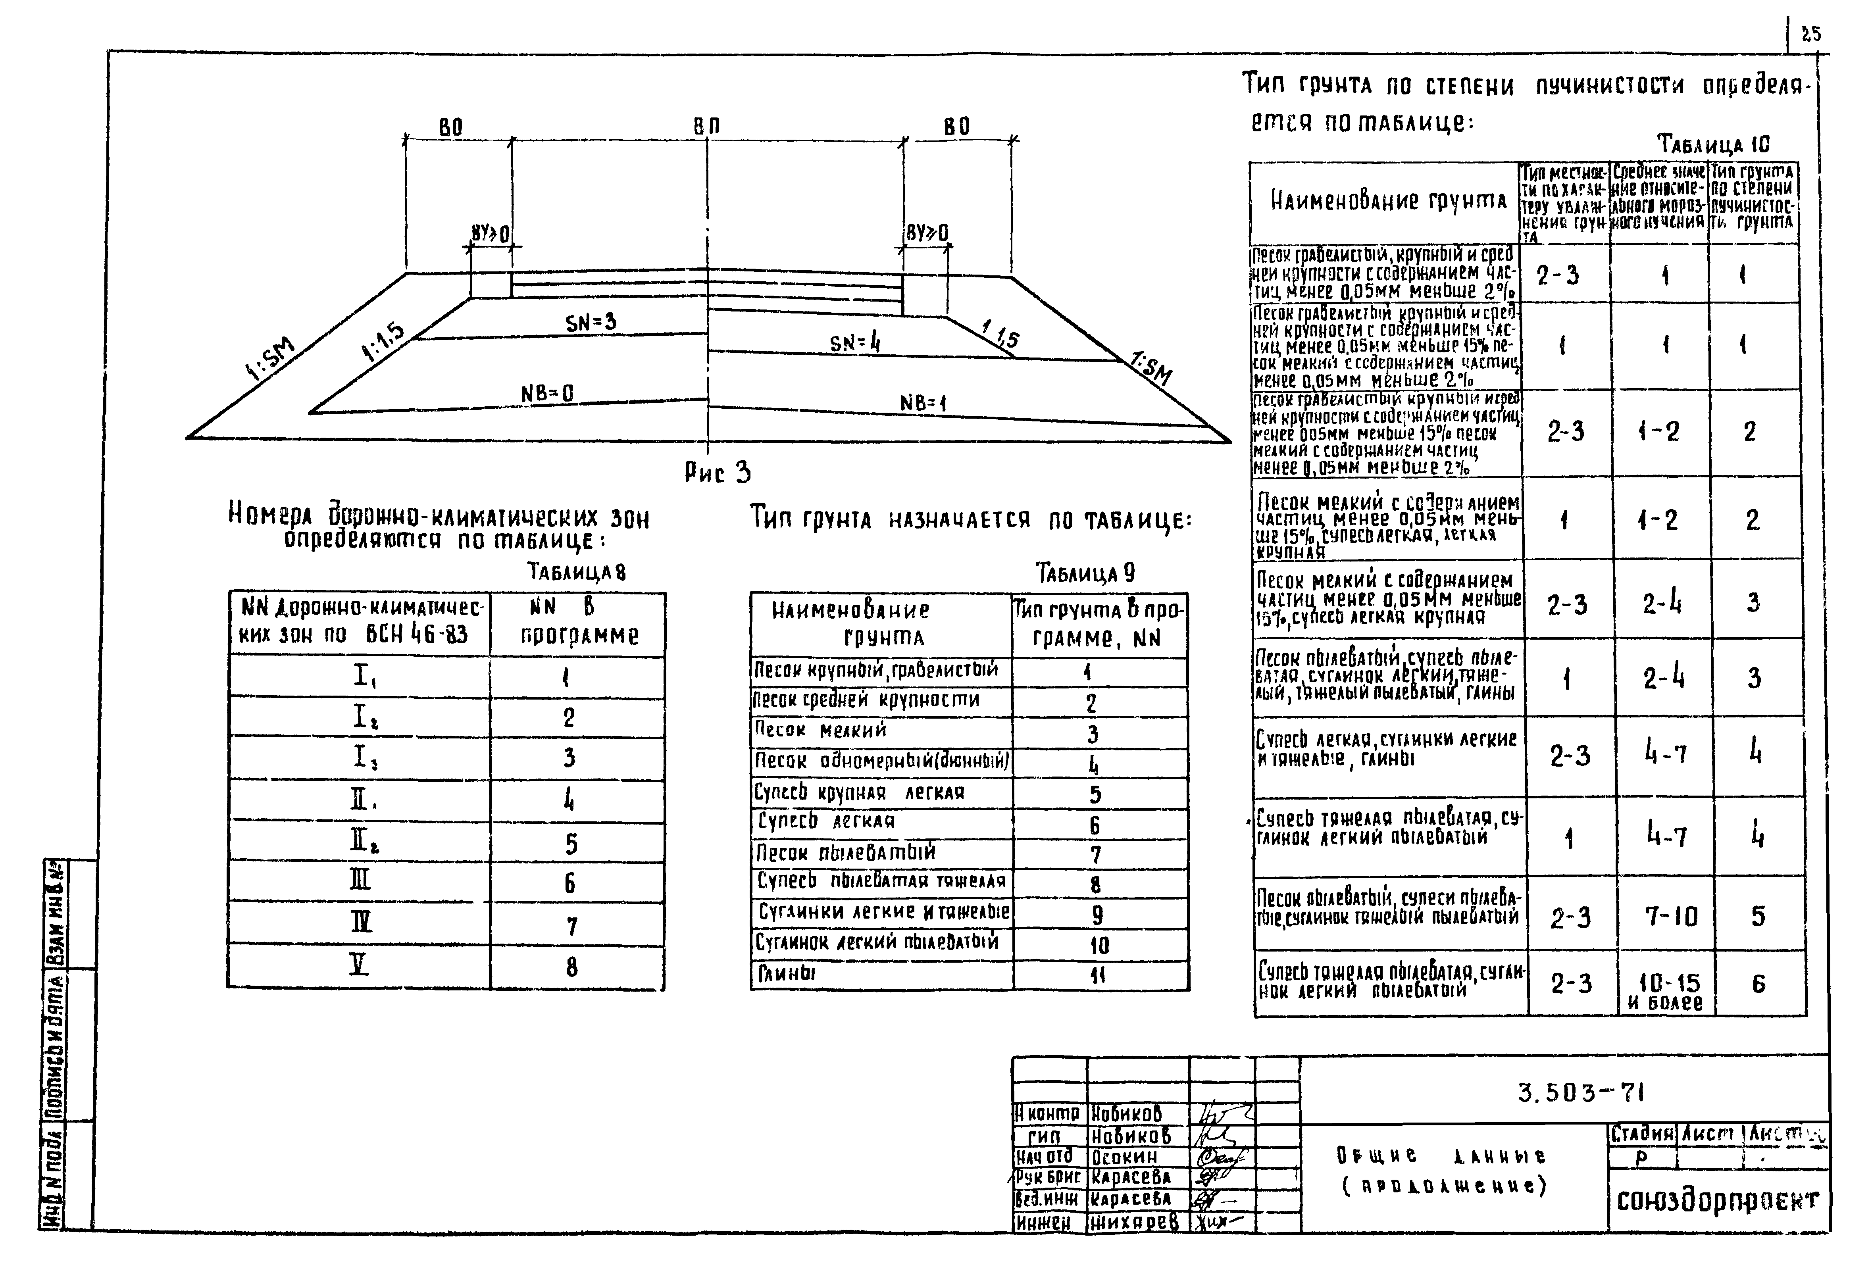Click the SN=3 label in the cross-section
(x=591, y=323)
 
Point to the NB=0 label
(x=547, y=394)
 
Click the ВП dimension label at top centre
(x=706, y=126)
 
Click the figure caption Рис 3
(x=718, y=472)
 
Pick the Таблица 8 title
(x=576, y=572)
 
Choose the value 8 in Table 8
(x=571, y=967)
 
